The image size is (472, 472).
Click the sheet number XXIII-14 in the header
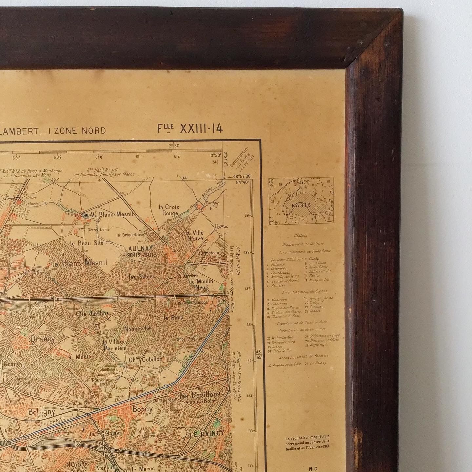click(x=201, y=129)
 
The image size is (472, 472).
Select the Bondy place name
click(x=143, y=409)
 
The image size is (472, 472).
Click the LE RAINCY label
click(x=207, y=433)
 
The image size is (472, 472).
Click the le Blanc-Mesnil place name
click(x=80, y=263)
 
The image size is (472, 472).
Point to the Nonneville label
click(x=137, y=328)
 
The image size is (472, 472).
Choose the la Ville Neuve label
click(x=195, y=235)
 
